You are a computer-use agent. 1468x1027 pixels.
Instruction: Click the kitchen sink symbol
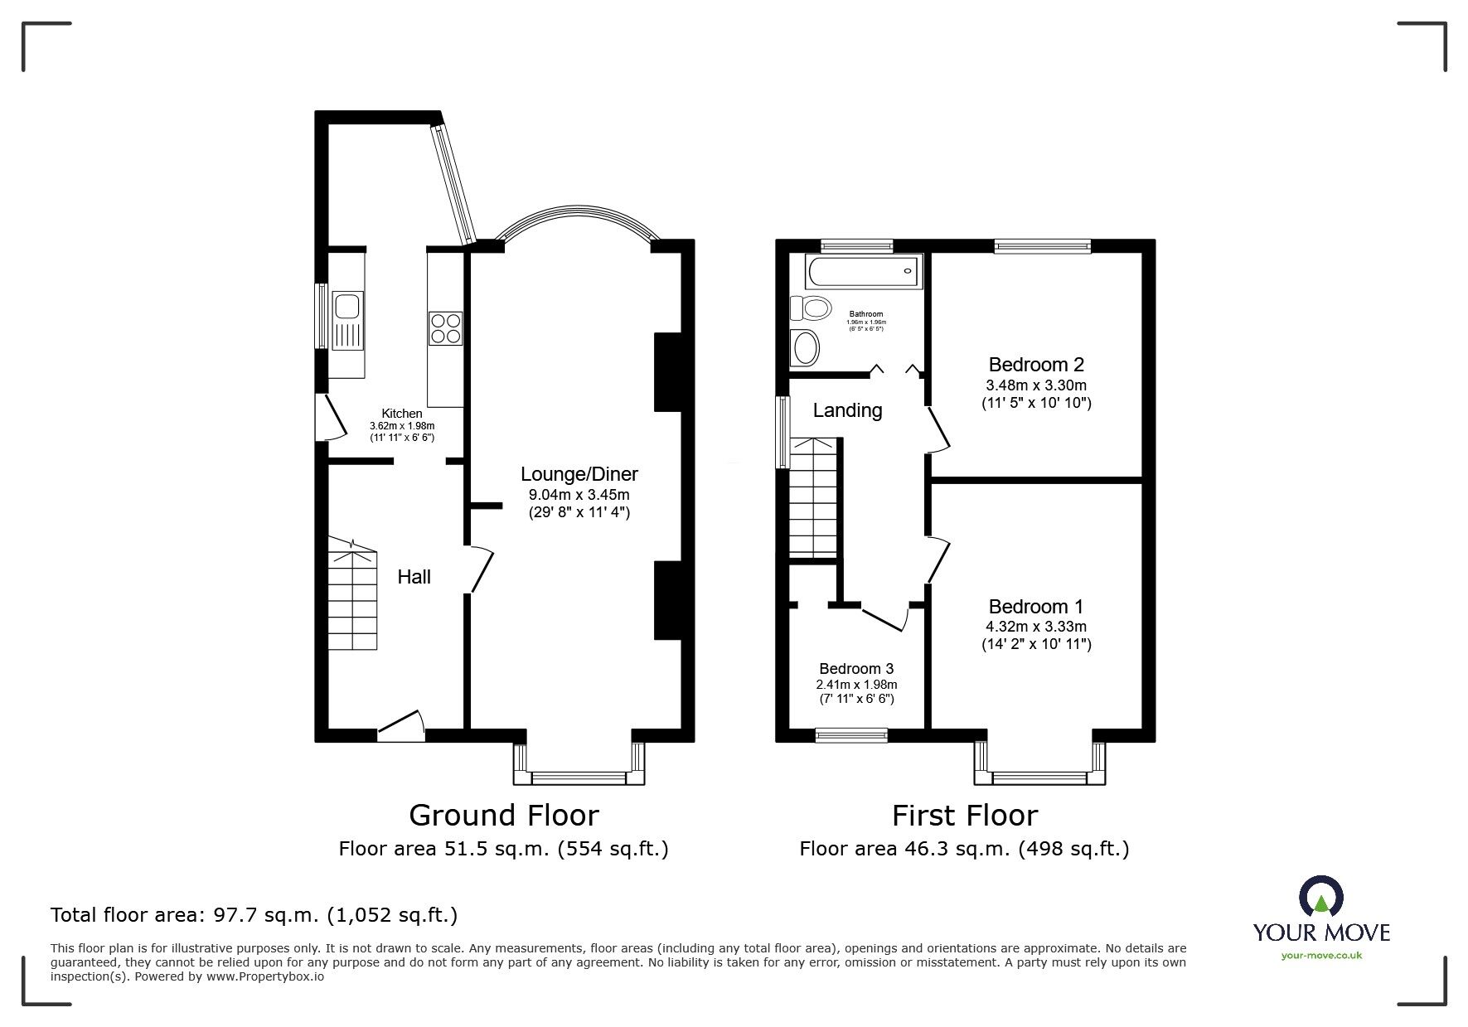(x=346, y=318)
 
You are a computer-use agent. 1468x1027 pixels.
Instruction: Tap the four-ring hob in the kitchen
(x=445, y=327)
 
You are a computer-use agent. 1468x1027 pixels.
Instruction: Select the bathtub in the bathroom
(x=862, y=271)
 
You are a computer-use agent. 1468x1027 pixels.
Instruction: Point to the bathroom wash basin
(x=804, y=347)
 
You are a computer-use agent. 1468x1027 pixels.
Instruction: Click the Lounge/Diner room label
(x=579, y=474)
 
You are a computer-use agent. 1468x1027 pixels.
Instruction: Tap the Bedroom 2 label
(x=1035, y=365)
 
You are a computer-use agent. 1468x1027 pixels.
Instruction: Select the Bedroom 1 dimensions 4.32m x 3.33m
(x=1035, y=627)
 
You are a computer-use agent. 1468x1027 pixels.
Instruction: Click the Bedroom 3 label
(x=856, y=669)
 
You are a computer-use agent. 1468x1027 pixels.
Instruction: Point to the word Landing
(x=847, y=410)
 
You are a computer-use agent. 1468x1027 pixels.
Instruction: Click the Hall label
(x=414, y=577)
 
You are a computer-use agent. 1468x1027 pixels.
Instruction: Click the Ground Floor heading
(x=503, y=816)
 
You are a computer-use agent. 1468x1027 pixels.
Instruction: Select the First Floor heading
(x=964, y=816)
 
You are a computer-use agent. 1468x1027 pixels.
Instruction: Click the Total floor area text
(x=254, y=915)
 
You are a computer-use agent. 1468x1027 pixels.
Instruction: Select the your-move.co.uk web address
(x=1321, y=956)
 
